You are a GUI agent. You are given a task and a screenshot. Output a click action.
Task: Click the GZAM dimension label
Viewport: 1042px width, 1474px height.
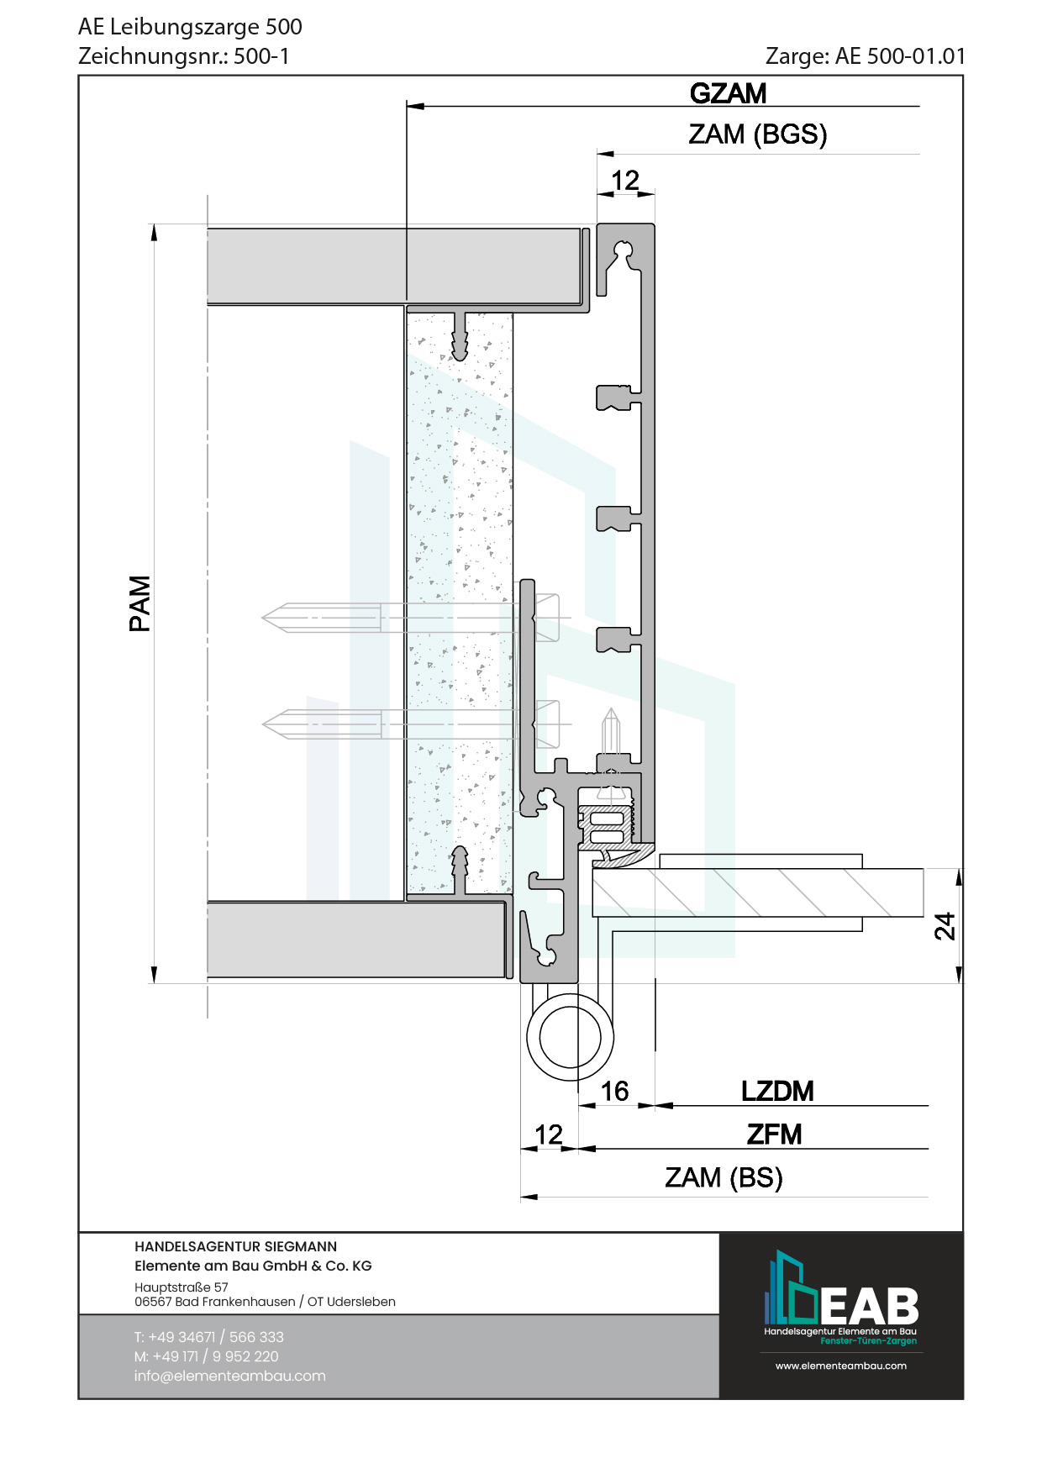click(728, 93)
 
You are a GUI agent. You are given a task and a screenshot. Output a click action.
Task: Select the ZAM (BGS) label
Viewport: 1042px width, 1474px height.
click(758, 134)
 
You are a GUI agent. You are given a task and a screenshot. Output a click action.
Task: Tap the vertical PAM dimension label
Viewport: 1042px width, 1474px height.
click(139, 603)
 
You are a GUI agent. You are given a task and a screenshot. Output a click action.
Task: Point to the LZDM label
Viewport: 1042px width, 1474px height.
click(777, 1091)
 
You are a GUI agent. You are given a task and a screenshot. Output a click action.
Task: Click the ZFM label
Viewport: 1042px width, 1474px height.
click(774, 1134)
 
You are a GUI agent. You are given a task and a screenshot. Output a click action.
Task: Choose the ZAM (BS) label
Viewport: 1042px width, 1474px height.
click(724, 1177)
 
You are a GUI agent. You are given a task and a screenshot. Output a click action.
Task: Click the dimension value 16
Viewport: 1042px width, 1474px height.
click(614, 1091)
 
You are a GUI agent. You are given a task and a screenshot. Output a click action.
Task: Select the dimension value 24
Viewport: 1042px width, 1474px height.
click(945, 926)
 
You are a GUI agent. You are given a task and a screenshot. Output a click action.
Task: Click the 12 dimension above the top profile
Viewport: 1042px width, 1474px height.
click(625, 180)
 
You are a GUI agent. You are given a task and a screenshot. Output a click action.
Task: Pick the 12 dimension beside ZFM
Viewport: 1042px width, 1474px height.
click(549, 1134)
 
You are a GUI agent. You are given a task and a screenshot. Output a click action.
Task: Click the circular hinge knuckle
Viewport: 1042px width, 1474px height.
click(570, 1037)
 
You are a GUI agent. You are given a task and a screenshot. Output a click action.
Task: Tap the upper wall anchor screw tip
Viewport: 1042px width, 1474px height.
click(263, 619)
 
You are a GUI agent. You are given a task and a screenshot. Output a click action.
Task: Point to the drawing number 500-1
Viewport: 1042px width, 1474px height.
click(261, 56)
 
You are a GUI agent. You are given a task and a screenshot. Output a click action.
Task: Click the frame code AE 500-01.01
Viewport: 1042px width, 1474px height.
click(900, 56)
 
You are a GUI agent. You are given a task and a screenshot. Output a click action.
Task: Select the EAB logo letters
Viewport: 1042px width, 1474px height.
click(869, 1307)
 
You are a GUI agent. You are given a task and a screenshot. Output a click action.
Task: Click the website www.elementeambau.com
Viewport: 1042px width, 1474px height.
click(840, 1366)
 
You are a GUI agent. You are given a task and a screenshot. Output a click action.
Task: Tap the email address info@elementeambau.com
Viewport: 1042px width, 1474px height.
click(229, 1376)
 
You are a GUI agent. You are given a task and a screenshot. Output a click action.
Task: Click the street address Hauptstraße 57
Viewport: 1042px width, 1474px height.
click(181, 1287)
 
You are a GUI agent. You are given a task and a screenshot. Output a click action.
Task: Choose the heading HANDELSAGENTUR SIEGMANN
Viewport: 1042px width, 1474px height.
click(235, 1246)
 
